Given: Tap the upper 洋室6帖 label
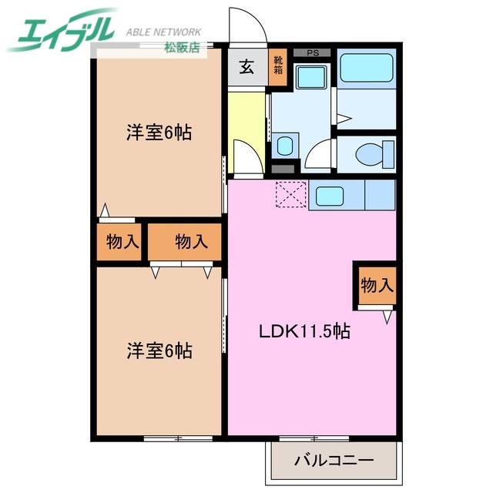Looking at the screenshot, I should tap(159, 132).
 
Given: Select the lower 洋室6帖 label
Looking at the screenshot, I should tap(159, 351).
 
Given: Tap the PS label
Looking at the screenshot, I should tap(312, 53).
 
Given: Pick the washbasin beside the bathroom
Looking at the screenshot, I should tap(311, 78).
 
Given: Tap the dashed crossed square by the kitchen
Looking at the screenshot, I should tap(291, 194).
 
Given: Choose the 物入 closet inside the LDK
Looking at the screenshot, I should tap(377, 285).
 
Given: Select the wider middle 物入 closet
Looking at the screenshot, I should tap(191, 243).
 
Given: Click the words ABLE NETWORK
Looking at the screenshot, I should tap(163, 32).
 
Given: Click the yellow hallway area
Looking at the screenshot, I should tap(245, 123).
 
